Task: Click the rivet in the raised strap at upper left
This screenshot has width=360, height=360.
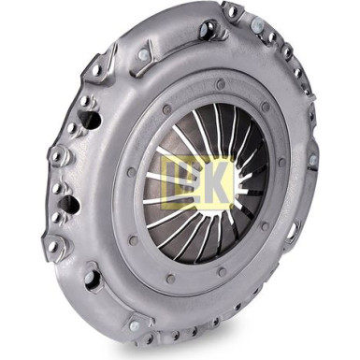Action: pyautogui.click(x=142, y=56)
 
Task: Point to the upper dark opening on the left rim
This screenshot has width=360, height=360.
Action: pyautogui.click(x=91, y=120)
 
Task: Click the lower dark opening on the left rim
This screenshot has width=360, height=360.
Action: pyautogui.click(x=69, y=205)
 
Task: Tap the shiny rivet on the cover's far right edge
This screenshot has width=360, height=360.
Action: pyautogui.click(x=313, y=161)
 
